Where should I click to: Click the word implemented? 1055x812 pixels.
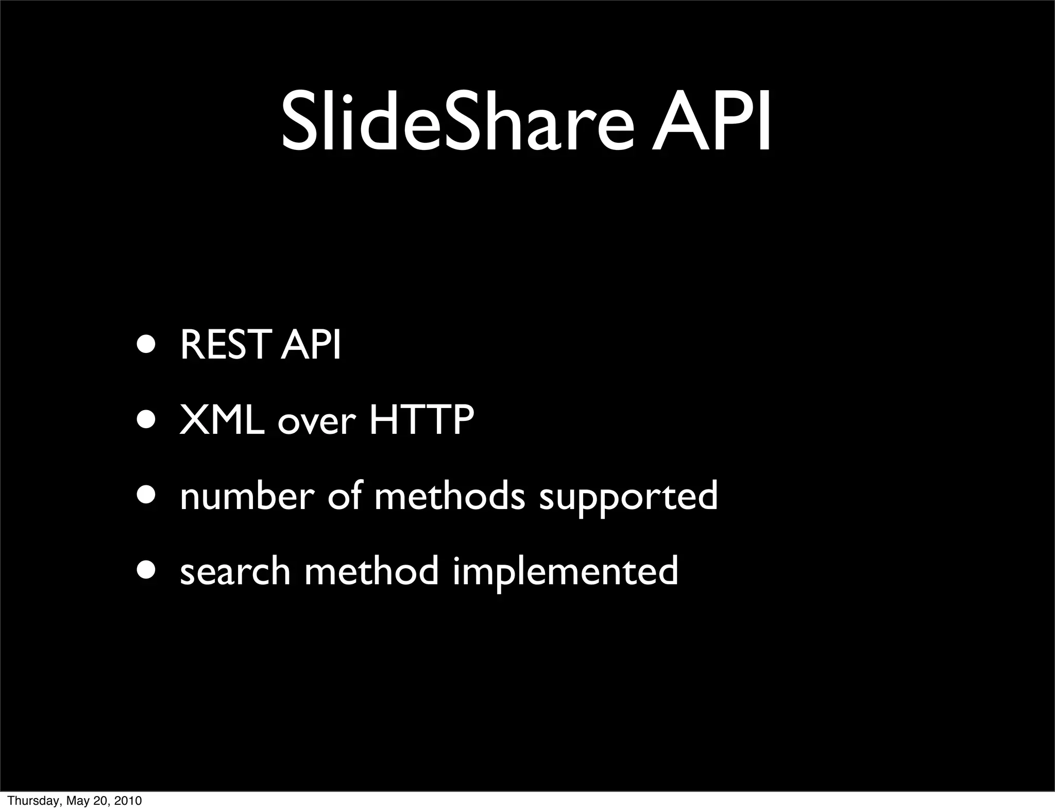point(565,573)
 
